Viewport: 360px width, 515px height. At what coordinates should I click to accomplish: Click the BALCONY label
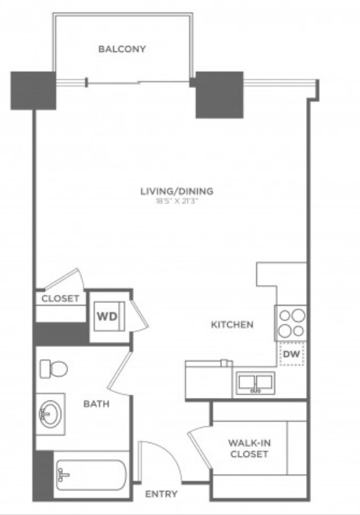coord(122,49)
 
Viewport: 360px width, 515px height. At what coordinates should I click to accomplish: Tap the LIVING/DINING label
coord(177,191)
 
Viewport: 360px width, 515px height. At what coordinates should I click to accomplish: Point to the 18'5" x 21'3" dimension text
coord(177,201)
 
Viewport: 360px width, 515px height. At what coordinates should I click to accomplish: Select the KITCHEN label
coord(232,325)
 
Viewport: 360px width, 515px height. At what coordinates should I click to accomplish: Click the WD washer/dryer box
coord(109,316)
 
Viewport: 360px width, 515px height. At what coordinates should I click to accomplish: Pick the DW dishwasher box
coord(292,354)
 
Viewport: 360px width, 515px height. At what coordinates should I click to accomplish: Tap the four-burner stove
coord(291,323)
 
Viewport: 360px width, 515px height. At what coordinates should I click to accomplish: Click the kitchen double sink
coord(255,382)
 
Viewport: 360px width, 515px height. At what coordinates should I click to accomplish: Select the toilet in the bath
coord(54,368)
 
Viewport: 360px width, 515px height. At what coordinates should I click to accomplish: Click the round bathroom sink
coord(50,414)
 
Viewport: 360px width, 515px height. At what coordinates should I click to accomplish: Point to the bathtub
coord(91,475)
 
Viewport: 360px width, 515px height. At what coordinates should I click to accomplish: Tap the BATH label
coord(96,403)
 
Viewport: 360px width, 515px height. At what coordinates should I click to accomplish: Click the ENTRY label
coord(161,494)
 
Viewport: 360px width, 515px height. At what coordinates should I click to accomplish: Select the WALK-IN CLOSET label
coord(249,449)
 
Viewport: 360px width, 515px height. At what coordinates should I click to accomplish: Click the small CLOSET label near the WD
coord(60,299)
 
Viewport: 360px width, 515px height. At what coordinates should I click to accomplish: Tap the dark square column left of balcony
coord(33,91)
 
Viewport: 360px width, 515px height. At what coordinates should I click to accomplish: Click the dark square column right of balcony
coord(219,95)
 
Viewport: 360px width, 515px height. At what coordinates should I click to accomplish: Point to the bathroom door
coord(119,372)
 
